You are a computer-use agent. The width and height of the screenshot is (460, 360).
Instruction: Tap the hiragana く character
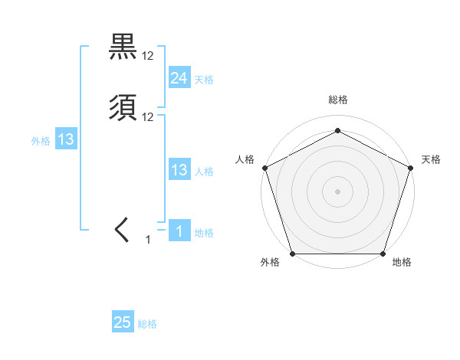tap(123, 230)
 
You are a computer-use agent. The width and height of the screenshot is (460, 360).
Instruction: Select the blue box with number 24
tap(179, 78)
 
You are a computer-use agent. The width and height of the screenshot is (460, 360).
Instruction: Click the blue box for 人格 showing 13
tap(179, 170)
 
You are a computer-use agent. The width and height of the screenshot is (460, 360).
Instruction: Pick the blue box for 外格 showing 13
tap(66, 139)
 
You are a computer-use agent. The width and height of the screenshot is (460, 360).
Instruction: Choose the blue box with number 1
tap(179, 231)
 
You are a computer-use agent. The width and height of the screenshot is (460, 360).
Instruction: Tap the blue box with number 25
tap(123, 322)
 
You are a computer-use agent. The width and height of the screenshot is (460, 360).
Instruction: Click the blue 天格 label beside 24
tap(204, 80)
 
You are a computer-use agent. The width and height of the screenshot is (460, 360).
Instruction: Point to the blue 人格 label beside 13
tap(204, 172)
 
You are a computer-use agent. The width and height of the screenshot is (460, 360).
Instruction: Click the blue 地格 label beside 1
tap(204, 233)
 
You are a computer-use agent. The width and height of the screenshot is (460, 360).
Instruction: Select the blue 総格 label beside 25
tap(147, 324)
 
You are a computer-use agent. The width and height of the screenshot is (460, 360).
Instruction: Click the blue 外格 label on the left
tap(41, 141)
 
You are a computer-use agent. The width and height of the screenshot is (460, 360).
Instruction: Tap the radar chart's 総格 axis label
tap(337, 100)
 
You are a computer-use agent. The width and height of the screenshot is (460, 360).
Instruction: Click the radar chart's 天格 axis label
tap(431, 159)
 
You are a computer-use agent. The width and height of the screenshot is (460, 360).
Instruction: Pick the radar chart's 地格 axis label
tap(402, 263)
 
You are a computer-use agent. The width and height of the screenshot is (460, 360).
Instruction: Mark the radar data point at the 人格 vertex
tap(264, 168)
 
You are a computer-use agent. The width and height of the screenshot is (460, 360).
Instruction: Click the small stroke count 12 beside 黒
tap(148, 56)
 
